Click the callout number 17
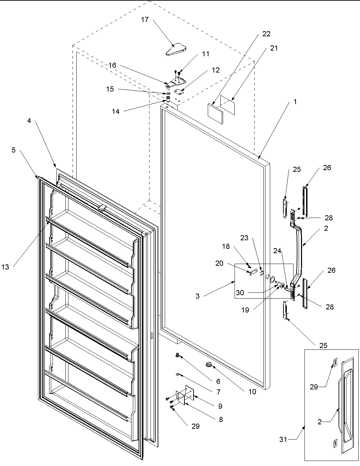(x=145, y=20)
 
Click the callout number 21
(x=274, y=48)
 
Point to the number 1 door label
(x=295, y=101)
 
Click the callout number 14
(x=116, y=111)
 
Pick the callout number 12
(x=216, y=70)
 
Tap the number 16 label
(x=113, y=65)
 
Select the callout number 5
(x=14, y=150)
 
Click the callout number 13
(x=5, y=267)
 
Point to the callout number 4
(x=29, y=121)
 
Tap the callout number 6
(x=218, y=381)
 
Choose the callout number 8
(x=221, y=419)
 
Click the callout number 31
(x=283, y=440)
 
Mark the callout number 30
(x=240, y=293)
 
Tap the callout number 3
(x=197, y=296)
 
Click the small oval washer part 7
(x=177, y=374)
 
